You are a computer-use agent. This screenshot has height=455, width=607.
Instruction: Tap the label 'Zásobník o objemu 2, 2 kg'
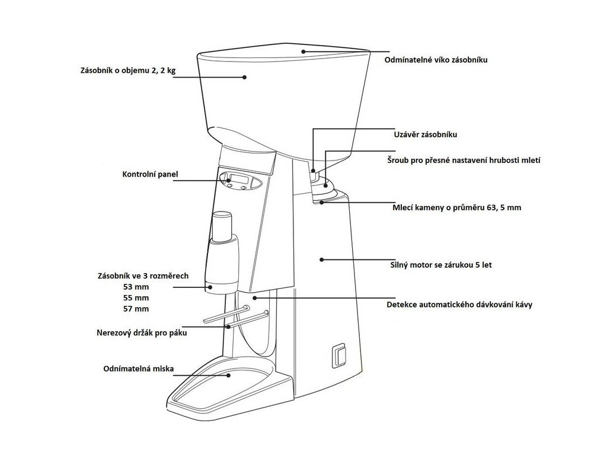pos(129,71)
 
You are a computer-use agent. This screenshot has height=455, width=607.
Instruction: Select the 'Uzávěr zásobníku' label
pos(426,134)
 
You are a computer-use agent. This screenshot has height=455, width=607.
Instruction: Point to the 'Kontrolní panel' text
pos(150,175)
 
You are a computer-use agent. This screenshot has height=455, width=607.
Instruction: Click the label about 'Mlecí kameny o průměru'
pos(456,209)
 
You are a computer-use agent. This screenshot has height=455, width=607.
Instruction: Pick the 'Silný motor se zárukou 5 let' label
pos(442,265)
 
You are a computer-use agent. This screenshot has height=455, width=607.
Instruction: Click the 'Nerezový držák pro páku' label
pos(142,334)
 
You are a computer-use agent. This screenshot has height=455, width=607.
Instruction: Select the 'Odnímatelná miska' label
pos(138,369)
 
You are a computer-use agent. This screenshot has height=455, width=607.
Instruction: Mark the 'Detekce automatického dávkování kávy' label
pos(459,305)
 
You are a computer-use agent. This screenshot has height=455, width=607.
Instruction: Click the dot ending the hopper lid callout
pos(303,52)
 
